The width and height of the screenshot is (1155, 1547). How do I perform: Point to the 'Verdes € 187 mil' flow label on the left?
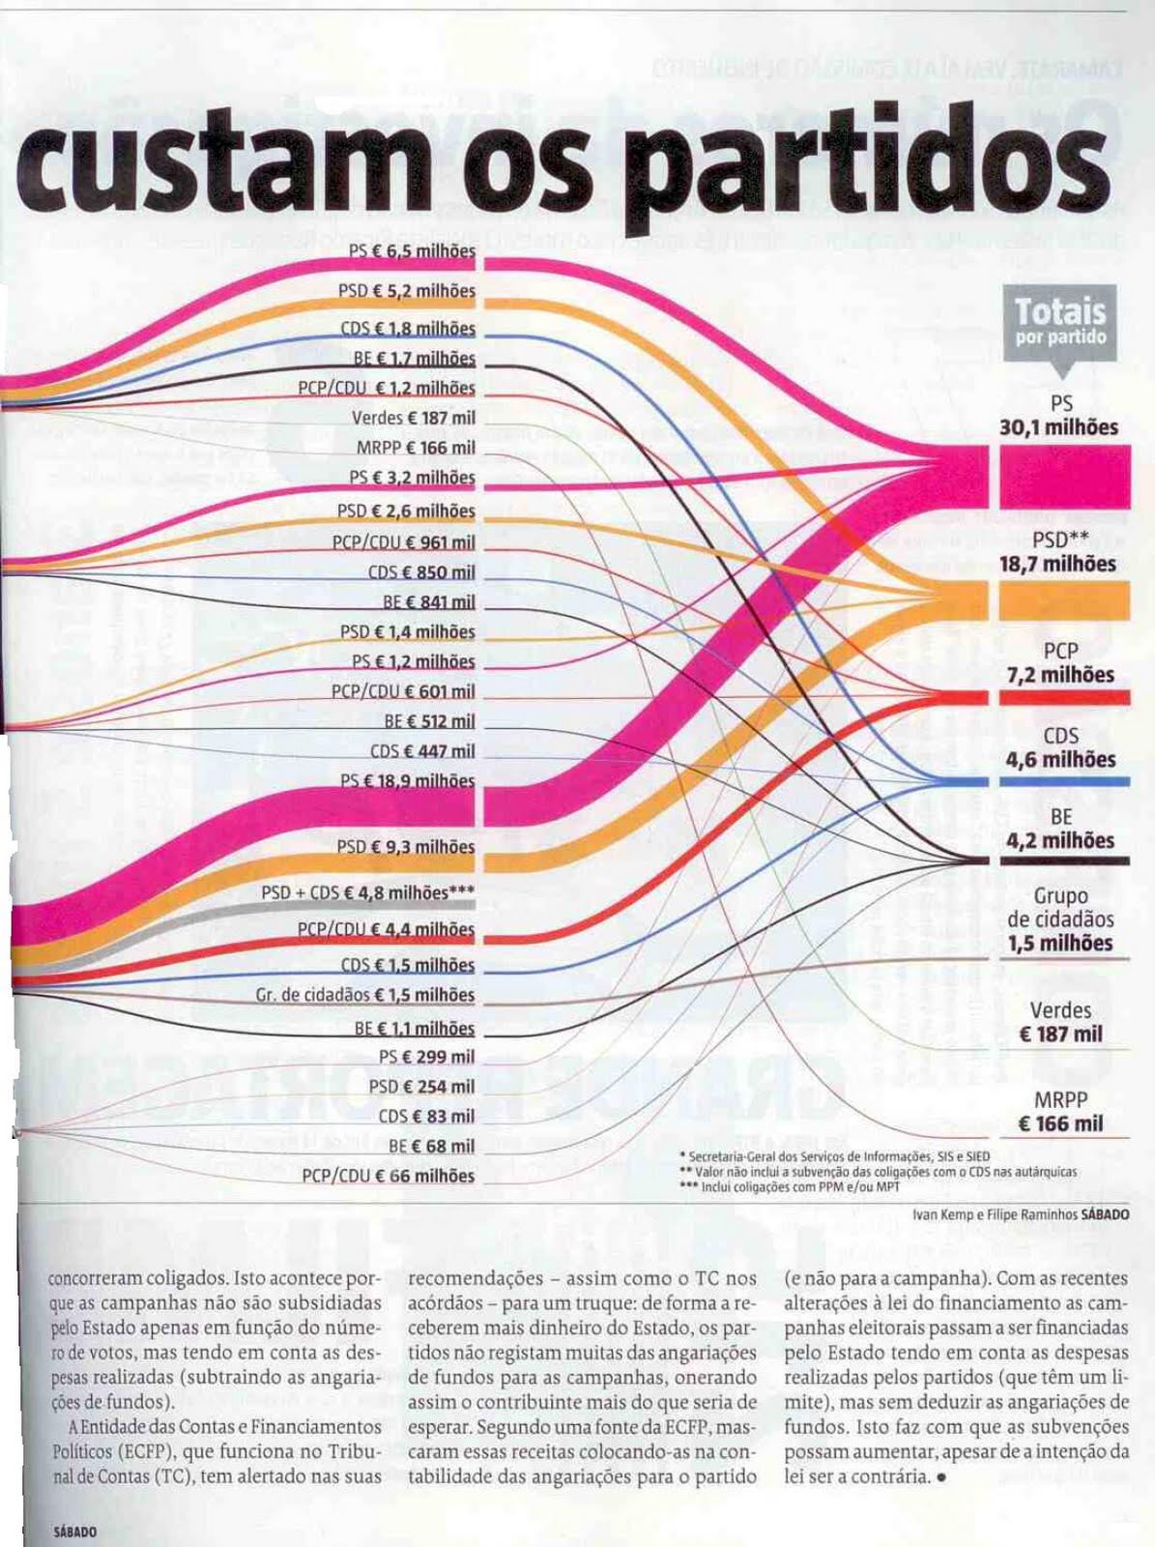coord(414,418)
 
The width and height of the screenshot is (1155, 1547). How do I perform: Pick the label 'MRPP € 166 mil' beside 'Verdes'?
coord(416,448)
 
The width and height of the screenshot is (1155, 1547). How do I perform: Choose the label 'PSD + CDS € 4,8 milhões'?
coord(367,892)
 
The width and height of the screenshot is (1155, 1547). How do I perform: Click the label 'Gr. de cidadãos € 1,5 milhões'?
coord(365,995)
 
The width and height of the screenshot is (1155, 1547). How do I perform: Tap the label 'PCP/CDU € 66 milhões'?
coord(388,1176)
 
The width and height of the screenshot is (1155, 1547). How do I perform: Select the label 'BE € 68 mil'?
coord(431,1146)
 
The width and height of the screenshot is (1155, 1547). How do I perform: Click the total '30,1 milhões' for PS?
coord(1058,427)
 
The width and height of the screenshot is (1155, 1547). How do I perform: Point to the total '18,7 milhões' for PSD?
coord(1057,564)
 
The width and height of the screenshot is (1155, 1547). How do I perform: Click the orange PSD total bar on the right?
coord(1062,599)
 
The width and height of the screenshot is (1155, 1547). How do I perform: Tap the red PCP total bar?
coord(1062,697)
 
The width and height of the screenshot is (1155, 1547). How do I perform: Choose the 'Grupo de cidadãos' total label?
coord(1060,919)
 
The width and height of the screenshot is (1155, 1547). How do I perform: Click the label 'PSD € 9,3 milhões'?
coord(406,847)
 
